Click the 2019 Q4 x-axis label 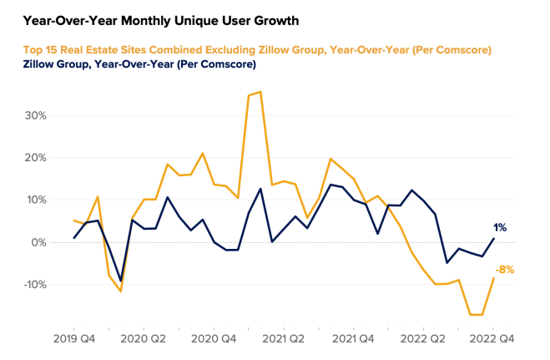pyautogui.click(x=74, y=339)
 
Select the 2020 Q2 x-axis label pyautogui.click(x=144, y=339)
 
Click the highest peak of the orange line pyautogui.click(x=260, y=92)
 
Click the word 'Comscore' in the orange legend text pyautogui.click(x=458, y=50)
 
